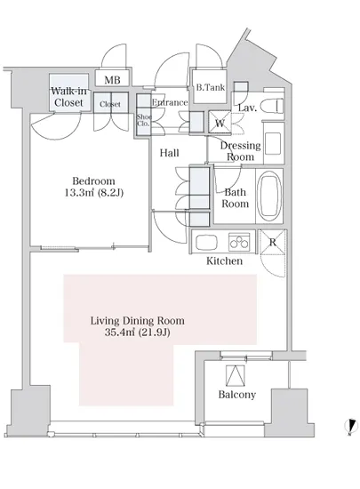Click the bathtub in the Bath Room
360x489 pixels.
pos(269,196)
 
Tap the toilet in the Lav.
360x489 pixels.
pos(272,106)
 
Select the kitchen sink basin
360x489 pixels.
pos(206,242)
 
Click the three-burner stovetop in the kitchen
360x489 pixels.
pos(239,242)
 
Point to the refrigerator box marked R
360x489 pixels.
pos(273,242)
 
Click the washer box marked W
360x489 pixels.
pos(220,123)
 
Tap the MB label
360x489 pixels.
pos(112,80)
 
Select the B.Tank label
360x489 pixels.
pos(211,87)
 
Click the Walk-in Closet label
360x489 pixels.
pos(68,97)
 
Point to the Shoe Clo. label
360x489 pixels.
pos(144,120)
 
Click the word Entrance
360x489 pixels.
pos(170,102)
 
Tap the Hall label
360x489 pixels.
pos(169,153)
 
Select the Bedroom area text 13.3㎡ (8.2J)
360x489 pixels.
pos(94,193)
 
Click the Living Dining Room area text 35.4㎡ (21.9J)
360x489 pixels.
pos(137,333)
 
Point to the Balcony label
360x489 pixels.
pos(236,395)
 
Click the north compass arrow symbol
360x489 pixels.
pos(351,427)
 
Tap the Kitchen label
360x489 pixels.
pos(224,261)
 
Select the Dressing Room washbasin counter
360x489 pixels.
pos(274,143)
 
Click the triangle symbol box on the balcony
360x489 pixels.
pos(236,375)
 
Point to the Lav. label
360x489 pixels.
pos(247,108)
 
